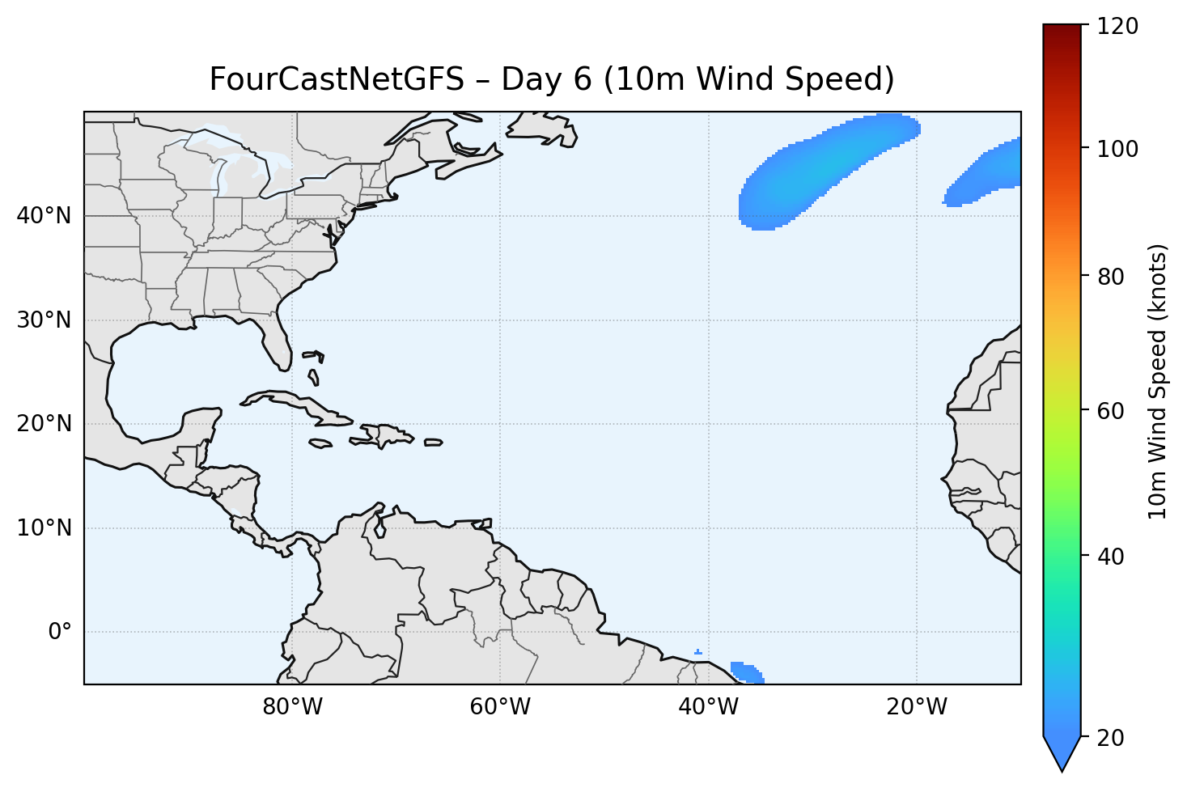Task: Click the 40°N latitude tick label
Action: tap(44, 216)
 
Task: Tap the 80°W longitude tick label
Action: tap(292, 707)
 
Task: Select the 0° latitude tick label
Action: tap(60, 632)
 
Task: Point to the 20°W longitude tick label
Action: tap(917, 707)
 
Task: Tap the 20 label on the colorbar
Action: tap(1111, 738)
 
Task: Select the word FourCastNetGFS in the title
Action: tap(337, 79)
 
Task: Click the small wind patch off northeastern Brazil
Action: tap(746, 672)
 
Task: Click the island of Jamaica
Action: tap(320, 443)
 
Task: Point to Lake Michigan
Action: tap(220, 178)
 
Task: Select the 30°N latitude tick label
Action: tap(44, 320)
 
